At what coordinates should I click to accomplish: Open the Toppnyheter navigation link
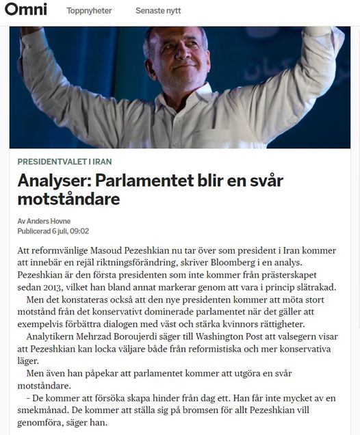(x=89, y=11)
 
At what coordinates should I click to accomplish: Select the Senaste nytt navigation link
(x=159, y=11)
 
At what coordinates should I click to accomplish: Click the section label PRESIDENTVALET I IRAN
(x=65, y=161)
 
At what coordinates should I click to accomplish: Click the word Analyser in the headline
(x=53, y=181)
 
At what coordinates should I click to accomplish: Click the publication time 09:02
(x=78, y=231)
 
